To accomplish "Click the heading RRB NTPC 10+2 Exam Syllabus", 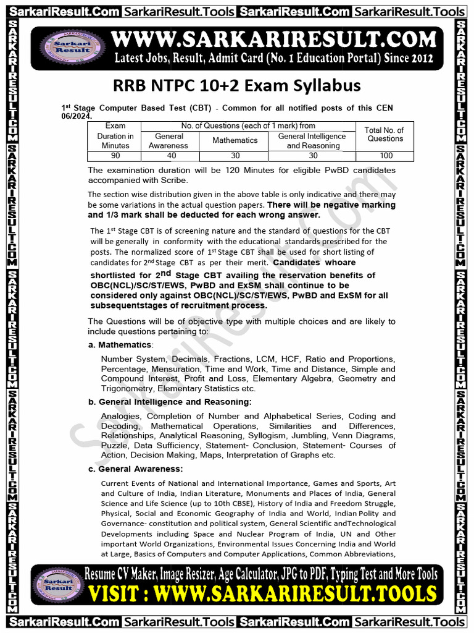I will pos(237,85).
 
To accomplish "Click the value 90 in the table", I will pos(115,156).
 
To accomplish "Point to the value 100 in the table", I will pos(385,156).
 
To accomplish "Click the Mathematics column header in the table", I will pos(235,140).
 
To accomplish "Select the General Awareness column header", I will pos(169,140).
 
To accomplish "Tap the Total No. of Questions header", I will pos(385,134).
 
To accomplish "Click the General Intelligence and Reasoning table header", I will pos(312,140).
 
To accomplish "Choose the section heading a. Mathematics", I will pos(120,344).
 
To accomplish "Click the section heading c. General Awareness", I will pos(136,469).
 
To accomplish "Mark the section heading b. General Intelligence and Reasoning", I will pos(170,402).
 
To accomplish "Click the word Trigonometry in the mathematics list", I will pos(127,389).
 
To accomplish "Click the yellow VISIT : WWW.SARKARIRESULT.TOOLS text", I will pos(262,595).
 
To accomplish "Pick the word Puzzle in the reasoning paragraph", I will pos(114,446).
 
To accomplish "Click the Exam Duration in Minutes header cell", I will pos(115,136).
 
